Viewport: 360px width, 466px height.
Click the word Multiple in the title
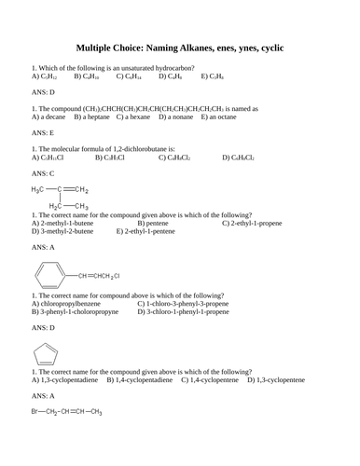(96, 47)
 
